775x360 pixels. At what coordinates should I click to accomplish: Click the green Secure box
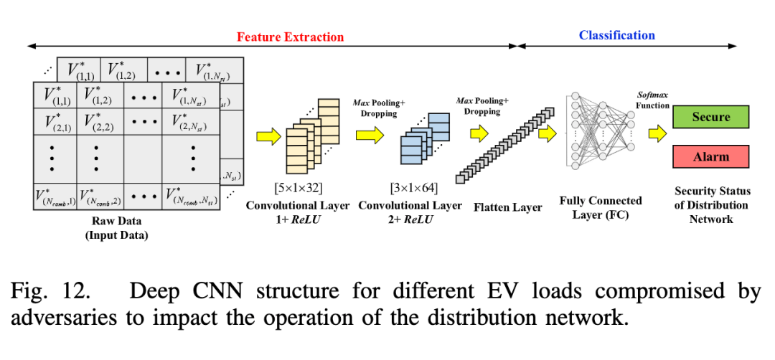tap(710, 117)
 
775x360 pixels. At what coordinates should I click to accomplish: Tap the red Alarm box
tap(710, 156)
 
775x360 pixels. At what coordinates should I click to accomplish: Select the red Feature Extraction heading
tap(290, 37)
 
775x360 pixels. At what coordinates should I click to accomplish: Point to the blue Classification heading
tap(616, 35)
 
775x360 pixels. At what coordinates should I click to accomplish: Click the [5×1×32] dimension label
tap(297, 189)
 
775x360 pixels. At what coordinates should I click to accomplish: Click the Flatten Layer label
tap(508, 208)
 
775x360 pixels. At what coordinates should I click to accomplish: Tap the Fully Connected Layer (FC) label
tap(601, 207)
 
